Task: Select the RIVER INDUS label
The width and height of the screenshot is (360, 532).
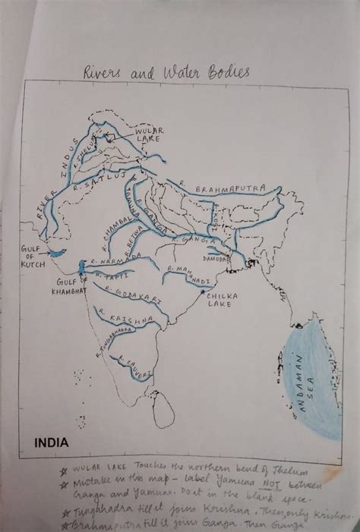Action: (55, 187)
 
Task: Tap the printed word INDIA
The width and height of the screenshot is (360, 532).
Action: (51, 441)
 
